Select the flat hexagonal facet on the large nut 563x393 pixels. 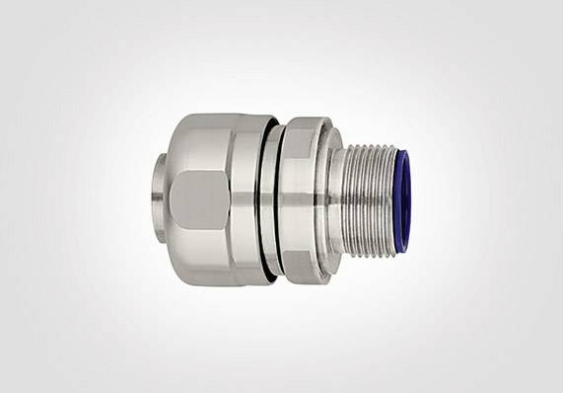(x=198, y=198)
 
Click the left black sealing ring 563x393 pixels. (x=265, y=197)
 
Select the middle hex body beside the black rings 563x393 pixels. (x=302, y=197)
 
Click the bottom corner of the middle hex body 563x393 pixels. (x=306, y=274)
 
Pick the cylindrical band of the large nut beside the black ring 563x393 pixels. (x=246, y=197)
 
